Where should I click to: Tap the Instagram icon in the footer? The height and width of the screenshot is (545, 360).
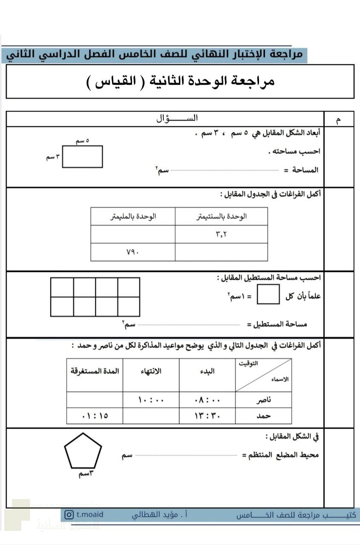[x=69, y=515]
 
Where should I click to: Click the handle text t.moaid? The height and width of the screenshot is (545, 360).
[x=90, y=515]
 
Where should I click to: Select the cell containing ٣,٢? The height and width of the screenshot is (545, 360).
[x=221, y=234]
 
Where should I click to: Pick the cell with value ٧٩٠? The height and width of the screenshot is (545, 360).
[x=132, y=252]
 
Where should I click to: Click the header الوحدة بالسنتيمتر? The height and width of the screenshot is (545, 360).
[x=222, y=216]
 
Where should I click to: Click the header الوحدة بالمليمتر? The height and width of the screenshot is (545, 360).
[x=133, y=216]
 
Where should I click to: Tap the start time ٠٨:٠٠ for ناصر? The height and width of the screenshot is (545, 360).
[x=207, y=400]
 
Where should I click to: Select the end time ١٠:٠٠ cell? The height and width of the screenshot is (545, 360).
[x=151, y=400]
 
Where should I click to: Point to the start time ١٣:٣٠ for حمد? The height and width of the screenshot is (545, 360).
[x=207, y=416]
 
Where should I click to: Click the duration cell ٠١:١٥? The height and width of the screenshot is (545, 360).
[x=95, y=416]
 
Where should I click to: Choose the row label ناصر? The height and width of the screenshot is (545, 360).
[x=264, y=400]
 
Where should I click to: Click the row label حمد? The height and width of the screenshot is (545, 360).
[x=264, y=416]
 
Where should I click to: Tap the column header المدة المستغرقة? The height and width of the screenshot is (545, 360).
[x=95, y=371]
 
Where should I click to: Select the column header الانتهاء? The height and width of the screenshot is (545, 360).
[x=151, y=371]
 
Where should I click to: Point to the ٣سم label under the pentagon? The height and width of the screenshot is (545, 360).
[x=86, y=473]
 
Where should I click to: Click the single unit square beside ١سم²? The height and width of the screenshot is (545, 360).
[x=268, y=294]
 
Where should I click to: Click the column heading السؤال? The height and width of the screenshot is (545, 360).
[x=177, y=119]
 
